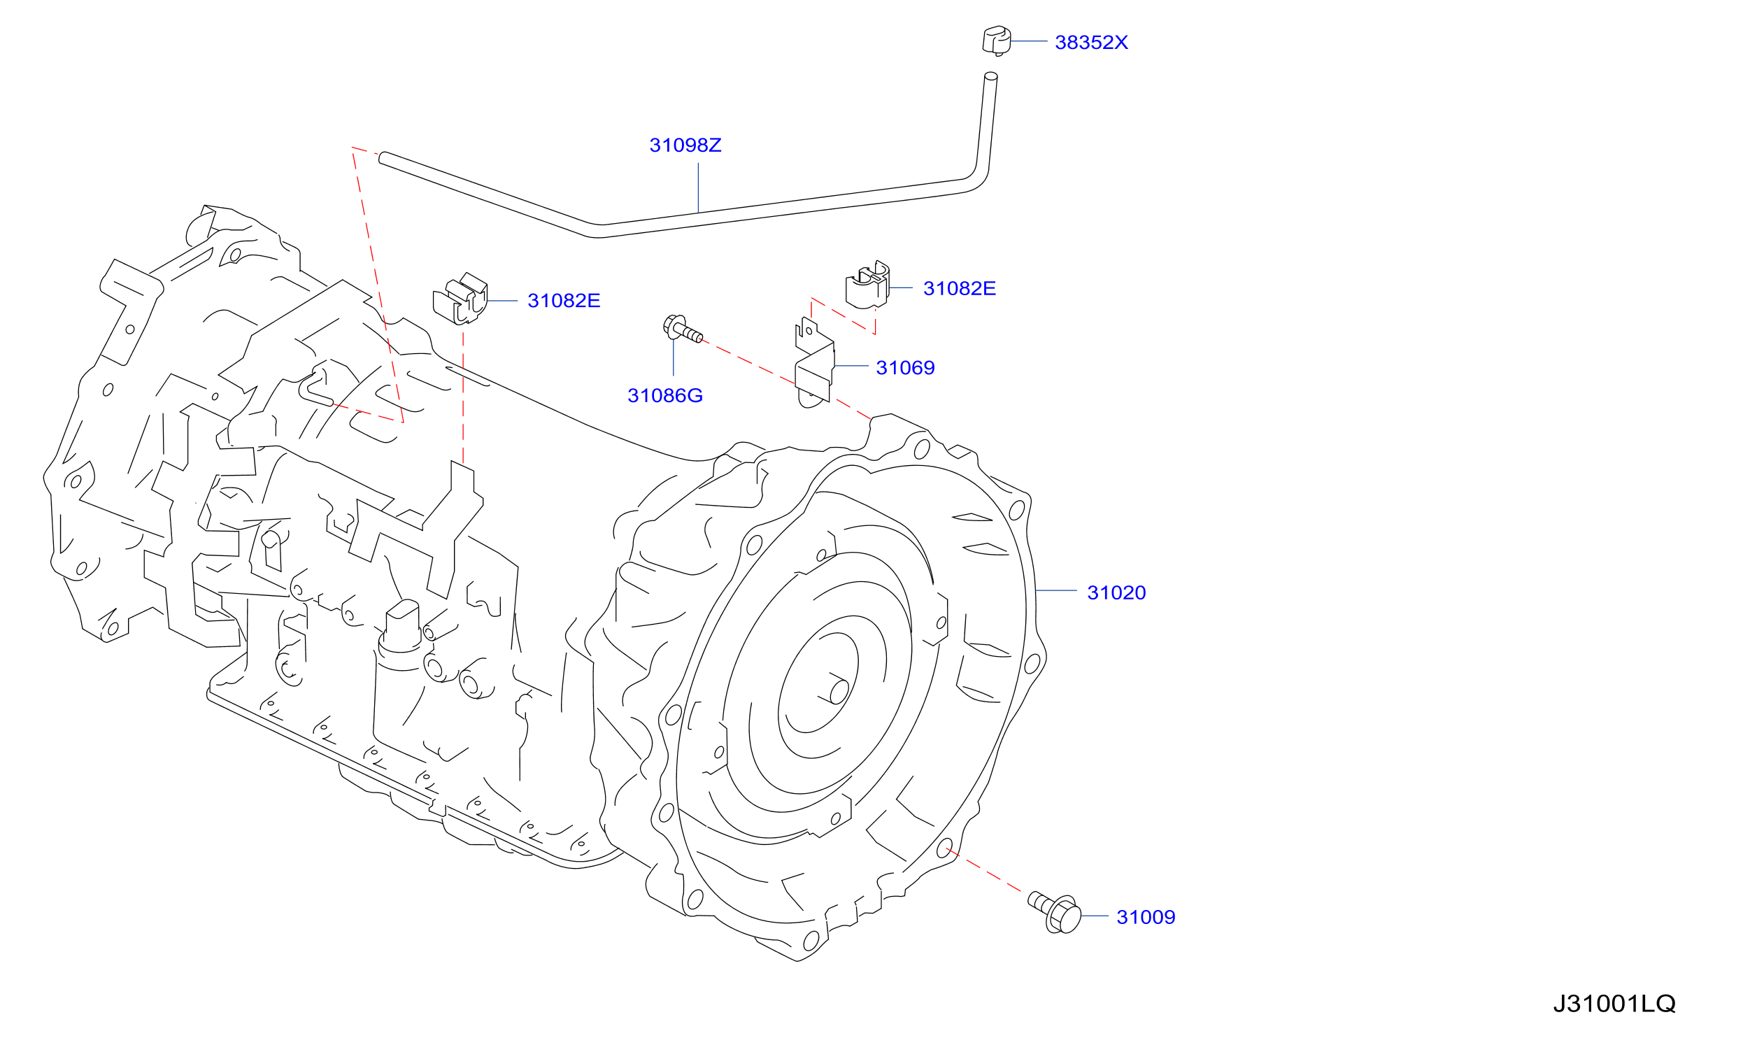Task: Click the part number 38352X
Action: click(x=1091, y=43)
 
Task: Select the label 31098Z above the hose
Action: click(x=685, y=145)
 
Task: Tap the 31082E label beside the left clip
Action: click(x=564, y=301)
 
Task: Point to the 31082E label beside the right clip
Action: click(x=960, y=288)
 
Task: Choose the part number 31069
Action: click(x=905, y=368)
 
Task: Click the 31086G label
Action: click(x=665, y=396)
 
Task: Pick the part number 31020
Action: click(x=1116, y=593)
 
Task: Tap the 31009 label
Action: click(x=1146, y=917)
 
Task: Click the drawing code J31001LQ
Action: click(x=1614, y=1004)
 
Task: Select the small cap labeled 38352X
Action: click(x=997, y=41)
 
